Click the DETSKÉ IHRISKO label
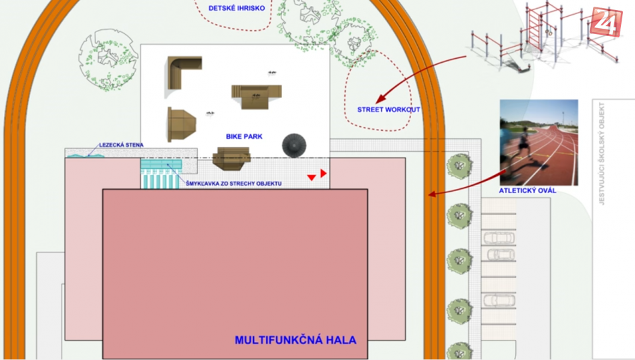237,8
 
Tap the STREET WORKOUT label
388,110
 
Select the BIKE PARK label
244,137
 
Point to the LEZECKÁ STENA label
121,145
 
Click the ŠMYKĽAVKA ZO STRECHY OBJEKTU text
234,184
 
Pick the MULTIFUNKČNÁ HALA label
295,340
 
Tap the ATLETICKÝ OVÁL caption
527,190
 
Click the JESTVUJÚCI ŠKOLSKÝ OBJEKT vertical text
602,154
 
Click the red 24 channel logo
606,22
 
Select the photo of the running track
539,142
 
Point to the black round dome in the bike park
294,145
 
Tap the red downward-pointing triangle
311,178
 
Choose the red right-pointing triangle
323,173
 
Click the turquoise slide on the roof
161,174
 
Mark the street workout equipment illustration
545,37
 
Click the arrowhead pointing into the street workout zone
380,99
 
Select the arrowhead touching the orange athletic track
432,194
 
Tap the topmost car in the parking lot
499,238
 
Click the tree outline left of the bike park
108,60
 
